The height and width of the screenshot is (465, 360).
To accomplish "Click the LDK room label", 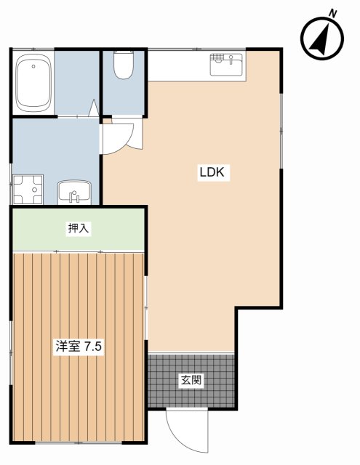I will (x=214, y=173).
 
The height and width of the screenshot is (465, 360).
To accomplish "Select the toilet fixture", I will (x=124, y=68).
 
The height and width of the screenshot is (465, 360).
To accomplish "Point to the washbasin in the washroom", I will (x=73, y=193).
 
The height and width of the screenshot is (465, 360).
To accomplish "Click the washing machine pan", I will (x=26, y=190).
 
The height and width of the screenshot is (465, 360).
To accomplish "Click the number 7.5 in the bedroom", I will (x=93, y=347).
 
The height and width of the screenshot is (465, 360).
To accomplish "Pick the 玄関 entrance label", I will (x=191, y=379).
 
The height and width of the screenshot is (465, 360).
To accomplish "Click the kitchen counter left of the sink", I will (x=178, y=65).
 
